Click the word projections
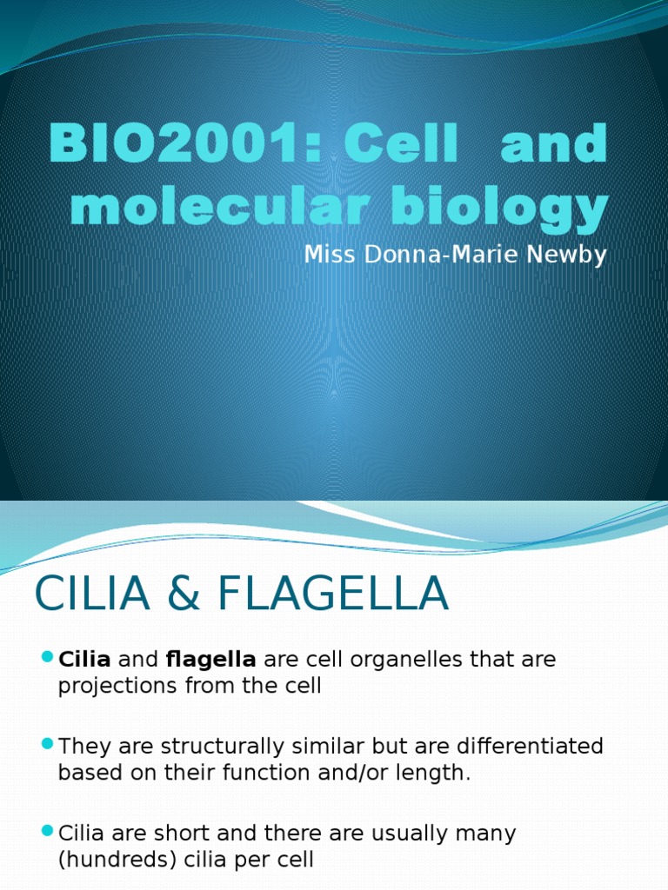pos(111,686)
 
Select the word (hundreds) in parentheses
pos(117,860)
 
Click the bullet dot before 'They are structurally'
pos(47,744)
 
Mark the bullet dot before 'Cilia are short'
pos(47,832)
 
